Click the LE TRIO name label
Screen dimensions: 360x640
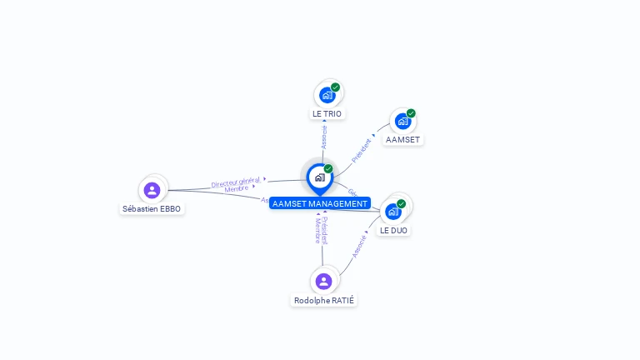click(327, 113)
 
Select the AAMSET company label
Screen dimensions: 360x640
click(402, 139)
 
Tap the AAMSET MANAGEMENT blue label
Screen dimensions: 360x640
click(319, 203)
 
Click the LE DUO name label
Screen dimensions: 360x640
click(393, 230)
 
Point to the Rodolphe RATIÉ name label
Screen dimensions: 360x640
click(324, 300)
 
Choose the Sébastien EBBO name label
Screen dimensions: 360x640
click(152, 208)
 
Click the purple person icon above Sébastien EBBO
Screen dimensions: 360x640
click(152, 189)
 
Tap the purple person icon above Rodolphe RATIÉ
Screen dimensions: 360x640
click(324, 281)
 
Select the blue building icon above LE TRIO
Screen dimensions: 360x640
click(327, 95)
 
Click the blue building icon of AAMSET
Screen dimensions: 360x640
click(402, 121)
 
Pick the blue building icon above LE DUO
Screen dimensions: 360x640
click(392, 212)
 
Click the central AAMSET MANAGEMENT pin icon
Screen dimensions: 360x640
click(318, 177)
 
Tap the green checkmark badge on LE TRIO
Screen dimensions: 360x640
click(336, 87)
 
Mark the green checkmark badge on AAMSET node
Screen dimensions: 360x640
click(411, 113)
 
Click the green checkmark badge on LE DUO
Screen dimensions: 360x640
click(402, 203)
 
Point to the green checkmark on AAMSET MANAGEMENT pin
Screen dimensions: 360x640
click(328, 168)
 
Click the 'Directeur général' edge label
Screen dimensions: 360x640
click(236, 182)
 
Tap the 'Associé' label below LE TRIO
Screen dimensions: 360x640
click(324, 137)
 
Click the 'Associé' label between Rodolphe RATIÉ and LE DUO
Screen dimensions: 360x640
click(359, 246)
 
